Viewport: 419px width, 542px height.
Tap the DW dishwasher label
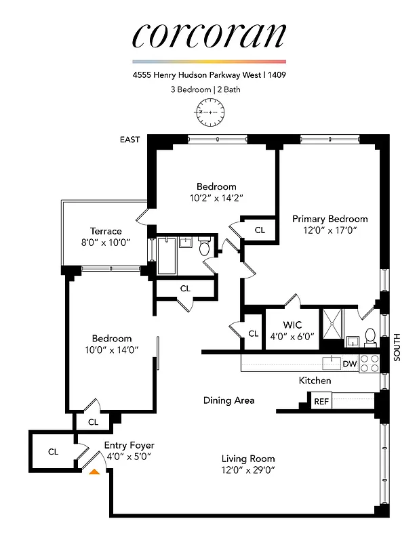(x=350, y=364)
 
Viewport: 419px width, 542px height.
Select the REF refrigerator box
(x=321, y=402)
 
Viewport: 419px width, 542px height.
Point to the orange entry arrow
(x=95, y=471)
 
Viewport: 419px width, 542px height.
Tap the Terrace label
(x=106, y=231)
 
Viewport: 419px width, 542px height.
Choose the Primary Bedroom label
(x=330, y=219)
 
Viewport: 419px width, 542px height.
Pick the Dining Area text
(x=228, y=400)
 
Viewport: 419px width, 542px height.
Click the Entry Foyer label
(x=129, y=445)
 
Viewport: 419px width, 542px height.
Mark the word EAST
(x=129, y=140)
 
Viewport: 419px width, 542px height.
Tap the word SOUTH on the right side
(x=397, y=346)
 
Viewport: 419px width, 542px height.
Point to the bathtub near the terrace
(x=167, y=255)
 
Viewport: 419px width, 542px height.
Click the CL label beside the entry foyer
(x=53, y=451)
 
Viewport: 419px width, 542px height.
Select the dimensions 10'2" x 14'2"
(x=216, y=198)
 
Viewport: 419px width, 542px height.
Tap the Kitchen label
(x=315, y=381)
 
